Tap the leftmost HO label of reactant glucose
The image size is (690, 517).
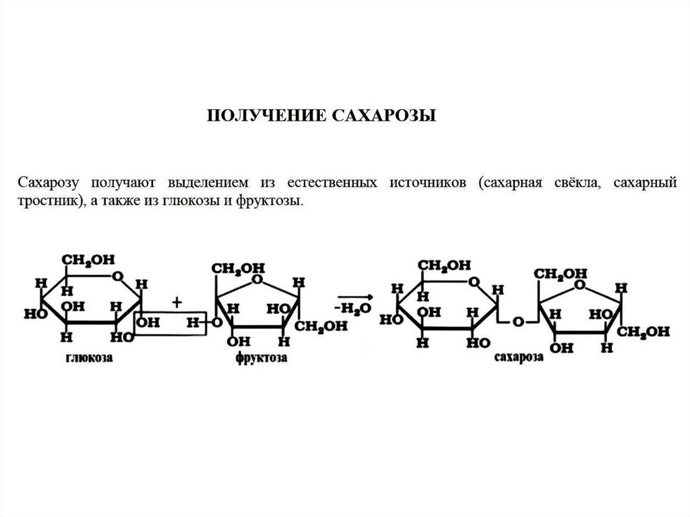coord(31,314)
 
